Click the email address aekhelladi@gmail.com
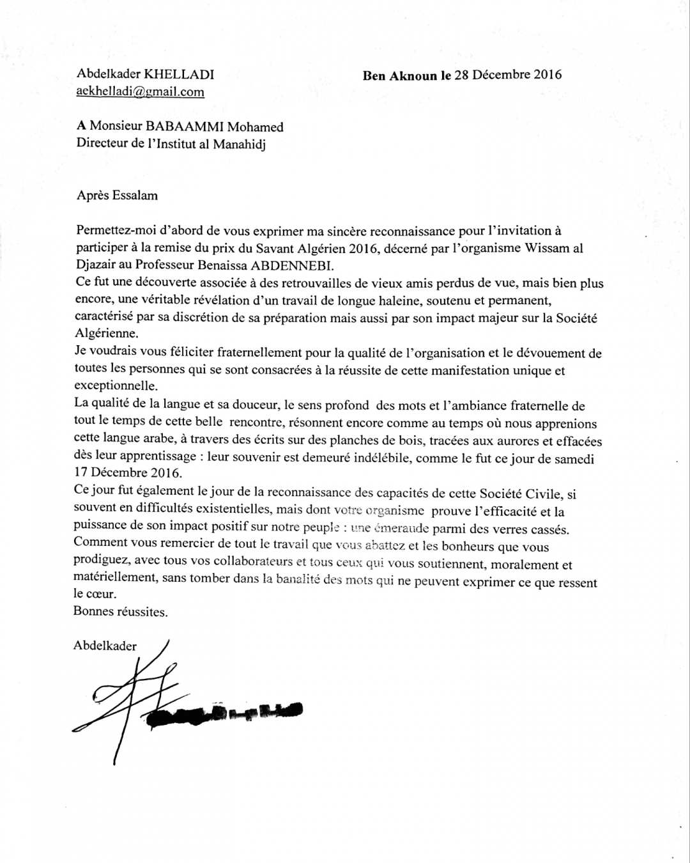(x=141, y=91)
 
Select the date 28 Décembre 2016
(x=508, y=75)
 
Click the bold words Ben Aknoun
(x=400, y=75)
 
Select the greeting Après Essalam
(x=117, y=196)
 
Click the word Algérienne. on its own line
(x=106, y=334)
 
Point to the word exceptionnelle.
(x=116, y=387)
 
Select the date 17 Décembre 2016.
(x=128, y=474)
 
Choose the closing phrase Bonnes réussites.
(x=121, y=612)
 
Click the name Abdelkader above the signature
(x=105, y=646)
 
